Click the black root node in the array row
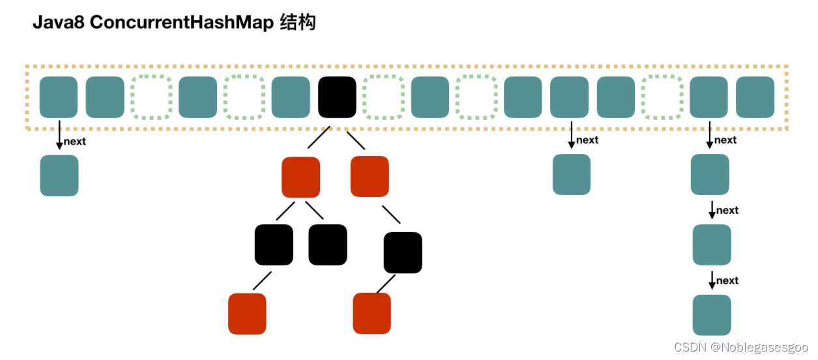[x=337, y=97]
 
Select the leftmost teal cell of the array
[x=59, y=97]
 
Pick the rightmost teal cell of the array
[x=755, y=97]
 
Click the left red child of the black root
[x=300, y=177]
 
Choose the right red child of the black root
[x=370, y=177]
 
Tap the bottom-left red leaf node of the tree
[x=247, y=314]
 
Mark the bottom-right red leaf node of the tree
[x=372, y=314]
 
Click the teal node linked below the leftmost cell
[x=59, y=175]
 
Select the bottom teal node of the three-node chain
[x=712, y=315]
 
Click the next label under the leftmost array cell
[x=75, y=142]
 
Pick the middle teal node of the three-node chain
[x=712, y=245]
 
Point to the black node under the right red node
[x=403, y=252]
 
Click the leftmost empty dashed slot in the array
[x=151, y=97]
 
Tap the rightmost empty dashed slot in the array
[x=662, y=97]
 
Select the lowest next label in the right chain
[x=727, y=280]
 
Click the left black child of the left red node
[x=274, y=245]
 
